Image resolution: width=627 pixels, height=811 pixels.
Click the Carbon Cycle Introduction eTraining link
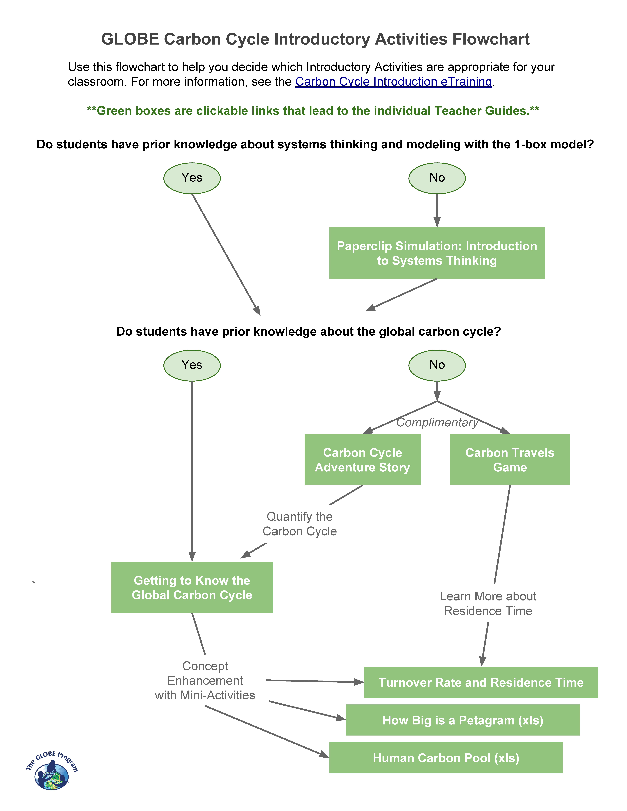(x=393, y=82)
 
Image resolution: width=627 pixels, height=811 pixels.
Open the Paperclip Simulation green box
(x=437, y=253)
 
